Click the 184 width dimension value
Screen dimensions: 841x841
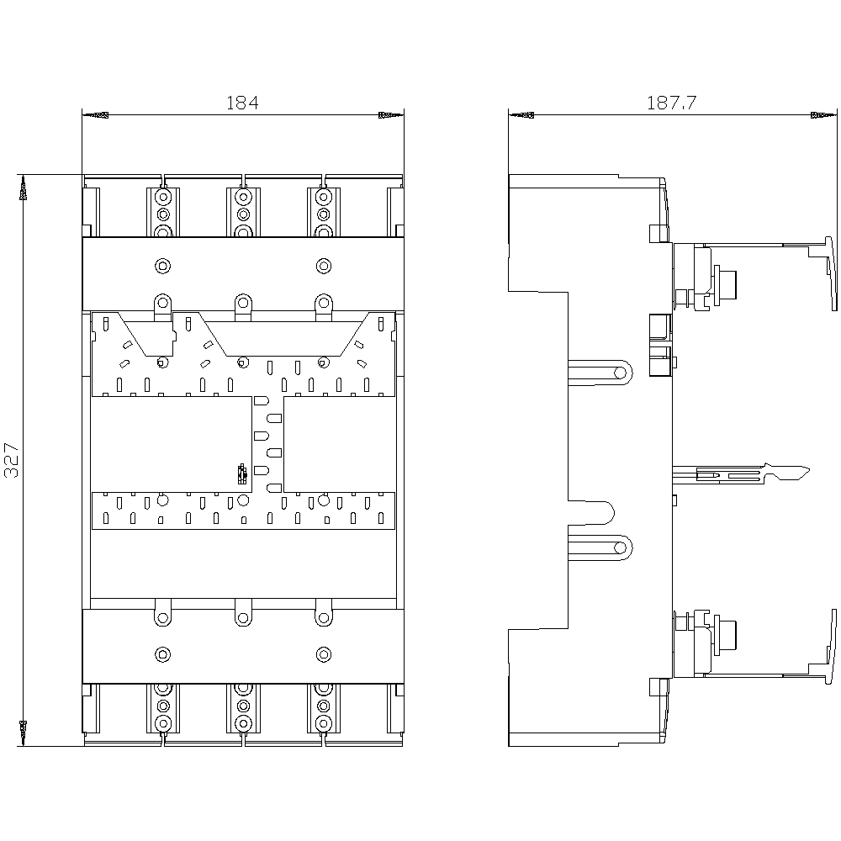pyautogui.click(x=242, y=103)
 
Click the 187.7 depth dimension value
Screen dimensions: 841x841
pyautogui.click(x=671, y=103)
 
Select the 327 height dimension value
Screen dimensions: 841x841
pyautogui.click(x=12, y=460)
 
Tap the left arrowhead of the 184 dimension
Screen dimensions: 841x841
pyautogui.click(x=96, y=114)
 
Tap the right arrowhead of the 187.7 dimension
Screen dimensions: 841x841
pyautogui.click(x=824, y=114)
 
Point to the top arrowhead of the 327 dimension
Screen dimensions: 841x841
pyautogui.click(x=23, y=188)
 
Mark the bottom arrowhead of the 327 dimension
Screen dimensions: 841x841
pyautogui.click(x=23, y=733)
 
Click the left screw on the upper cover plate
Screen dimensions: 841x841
pyautogui.click(x=162, y=266)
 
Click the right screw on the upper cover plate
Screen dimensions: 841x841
pyautogui.click(x=324, y=266)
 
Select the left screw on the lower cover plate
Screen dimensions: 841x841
pyautogui.click(x=162, y=654)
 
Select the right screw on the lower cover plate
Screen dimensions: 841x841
pyautogui.click(x=324, y=654)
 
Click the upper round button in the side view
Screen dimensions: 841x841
pyautogui.click(x=725, y=284)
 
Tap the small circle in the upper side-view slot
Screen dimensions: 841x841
pyautogui.click(x=620, y=373)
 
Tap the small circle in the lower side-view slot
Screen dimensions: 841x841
pyautogui.click(x=620, y=547)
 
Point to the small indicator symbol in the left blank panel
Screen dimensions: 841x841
pyautogui.click(x=242, y=473)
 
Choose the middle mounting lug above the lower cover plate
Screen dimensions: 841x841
pyautogui.click(x=243, y=612)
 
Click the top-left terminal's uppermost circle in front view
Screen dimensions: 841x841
pyautogui.click(x=162, y=198)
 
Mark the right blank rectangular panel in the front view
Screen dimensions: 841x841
pyautogui.click(x=339, y=444)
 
